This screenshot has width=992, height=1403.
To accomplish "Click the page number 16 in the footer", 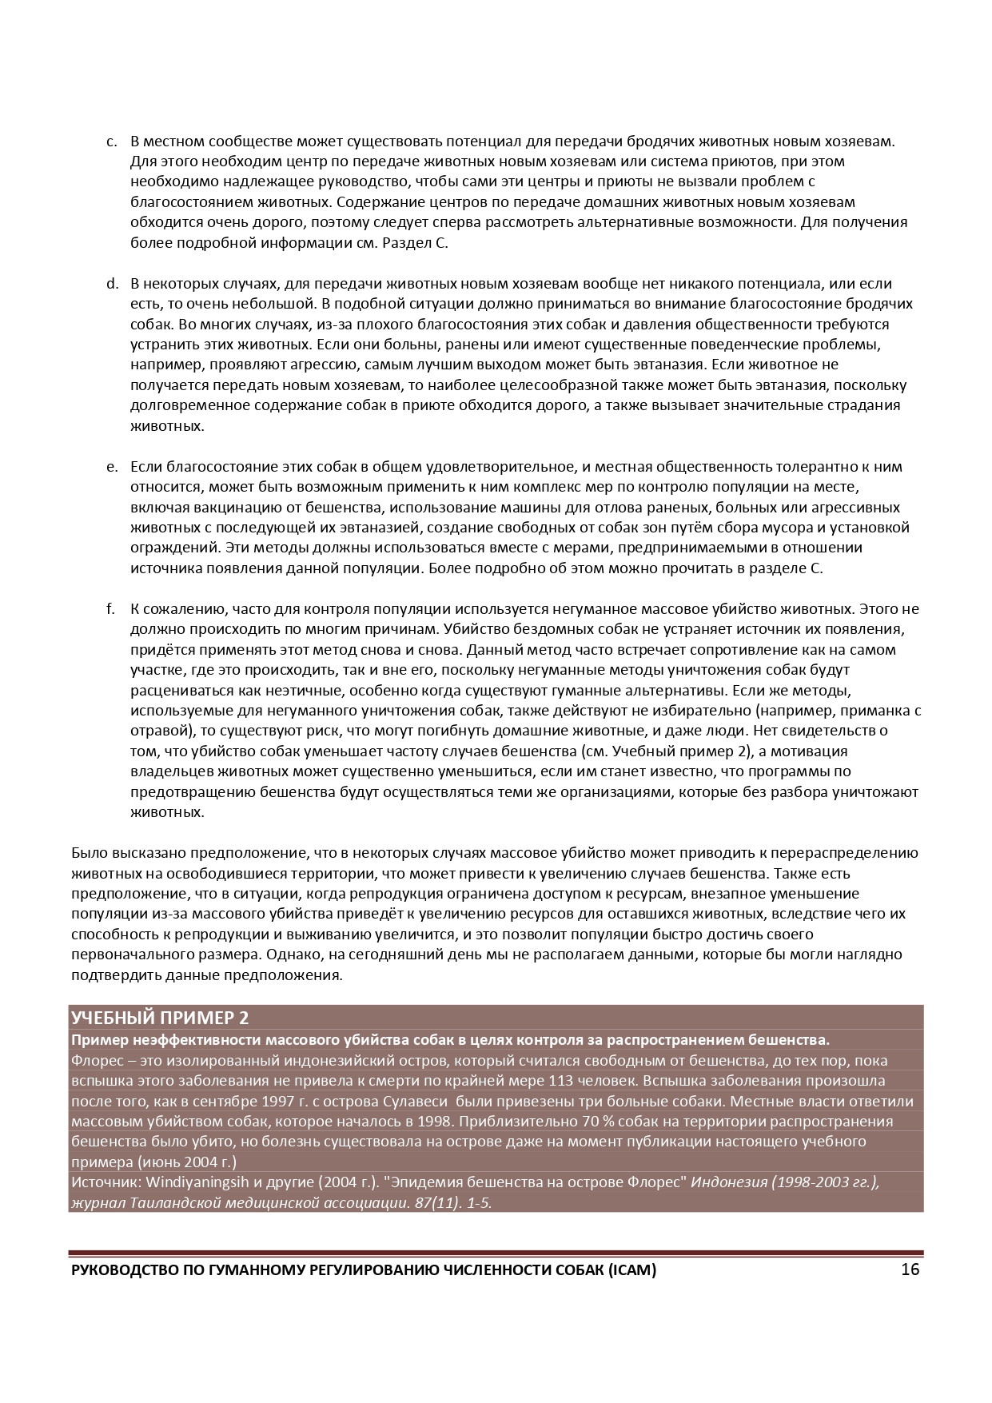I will click(910, 1269).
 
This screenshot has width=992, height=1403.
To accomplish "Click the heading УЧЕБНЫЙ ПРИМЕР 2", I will click(160, 1018).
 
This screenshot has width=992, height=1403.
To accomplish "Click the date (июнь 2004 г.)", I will click(187, 1162).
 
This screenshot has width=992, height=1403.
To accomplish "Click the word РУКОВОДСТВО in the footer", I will click(122, 1270).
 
